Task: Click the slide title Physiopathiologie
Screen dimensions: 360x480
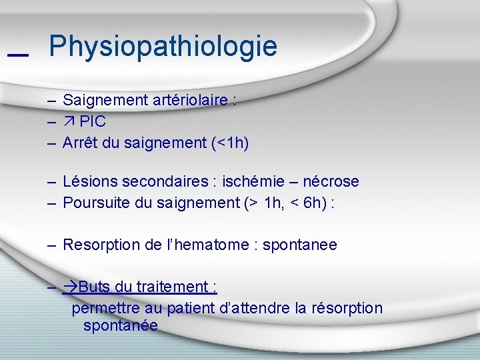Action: click(163, 47)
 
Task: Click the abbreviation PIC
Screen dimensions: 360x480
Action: click(93, 122)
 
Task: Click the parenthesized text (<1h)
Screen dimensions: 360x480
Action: click(229, 143)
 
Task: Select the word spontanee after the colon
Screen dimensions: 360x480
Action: click(300, 245)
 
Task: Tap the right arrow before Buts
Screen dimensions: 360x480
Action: click(70, 287)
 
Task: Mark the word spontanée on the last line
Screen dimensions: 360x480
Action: click(121, 325)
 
